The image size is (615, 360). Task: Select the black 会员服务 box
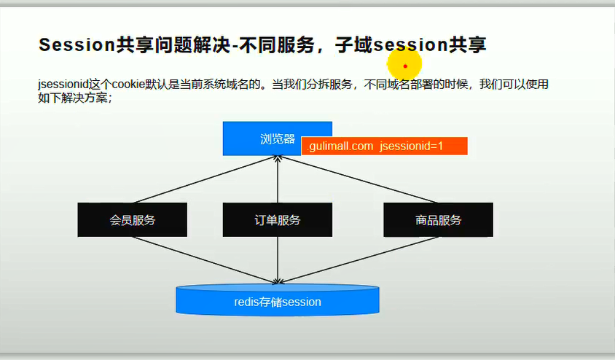132,220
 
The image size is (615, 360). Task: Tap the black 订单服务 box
278,220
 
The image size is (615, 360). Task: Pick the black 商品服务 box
438,220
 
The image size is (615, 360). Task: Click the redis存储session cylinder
278,301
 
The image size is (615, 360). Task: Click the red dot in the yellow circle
405,66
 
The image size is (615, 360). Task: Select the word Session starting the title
77,45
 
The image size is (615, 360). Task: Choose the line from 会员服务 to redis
204,259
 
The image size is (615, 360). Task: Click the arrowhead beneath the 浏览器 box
278,160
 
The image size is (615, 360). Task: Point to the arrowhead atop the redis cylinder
278,281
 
